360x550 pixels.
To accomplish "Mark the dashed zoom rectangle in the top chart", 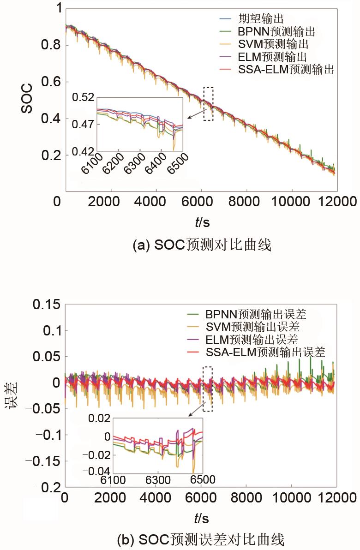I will pyautogui.click(x=208, y=104).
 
